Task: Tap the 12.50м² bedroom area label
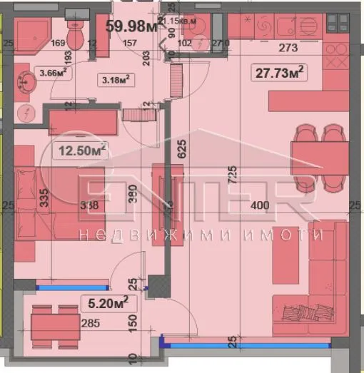80,150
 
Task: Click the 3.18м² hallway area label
114,79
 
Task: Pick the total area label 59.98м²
131,27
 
